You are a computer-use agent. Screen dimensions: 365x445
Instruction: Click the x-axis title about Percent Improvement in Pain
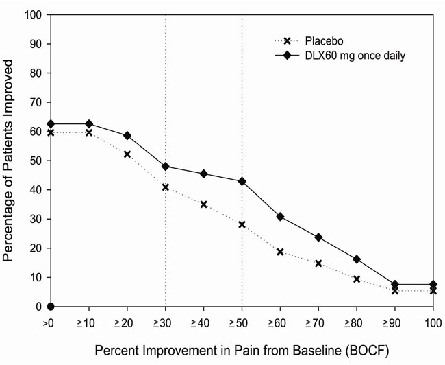(x=241, y=350)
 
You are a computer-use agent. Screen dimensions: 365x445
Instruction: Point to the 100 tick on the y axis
(x=33, y=15)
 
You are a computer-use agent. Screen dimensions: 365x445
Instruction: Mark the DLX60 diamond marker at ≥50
(x=242, y=181)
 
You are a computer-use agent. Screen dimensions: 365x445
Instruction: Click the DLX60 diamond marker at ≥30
(x=166, y=167)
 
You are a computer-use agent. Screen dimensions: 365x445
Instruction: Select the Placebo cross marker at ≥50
(x=242, y=224)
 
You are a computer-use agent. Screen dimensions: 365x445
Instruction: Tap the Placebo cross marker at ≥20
(x=127, y=154)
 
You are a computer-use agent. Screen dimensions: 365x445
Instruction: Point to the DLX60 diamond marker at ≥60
(x=280, y=217)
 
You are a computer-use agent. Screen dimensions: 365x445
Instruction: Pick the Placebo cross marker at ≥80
(x=356, y=279)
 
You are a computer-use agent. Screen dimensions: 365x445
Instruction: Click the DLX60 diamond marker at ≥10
(x=89, y=123)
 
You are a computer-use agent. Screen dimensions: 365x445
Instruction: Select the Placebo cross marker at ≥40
(x=203, y=204)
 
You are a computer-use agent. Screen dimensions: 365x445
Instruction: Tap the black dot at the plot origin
(x=51, y=307)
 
